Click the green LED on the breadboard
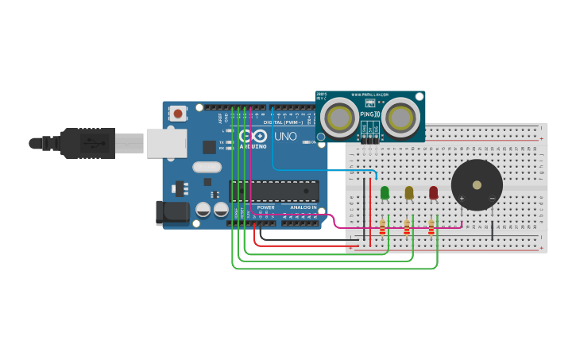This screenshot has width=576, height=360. pyautogui.click(x=385, y=192)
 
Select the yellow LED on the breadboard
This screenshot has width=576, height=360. pyautogui.click(x=409, y=192)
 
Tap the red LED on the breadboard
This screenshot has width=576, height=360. pyautogui.click(x=433, y=192)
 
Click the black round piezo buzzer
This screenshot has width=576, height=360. pyautogui.click(x=477, y=184)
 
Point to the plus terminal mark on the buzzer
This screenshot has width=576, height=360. pyautogui.click(x=462, y=198)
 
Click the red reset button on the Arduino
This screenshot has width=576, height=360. pyautogui.click(x=178, y=114)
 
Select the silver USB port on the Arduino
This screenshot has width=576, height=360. pyautogui.click(x=166, y=143)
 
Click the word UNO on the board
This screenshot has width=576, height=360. pyautogui.click(x=285, y=136)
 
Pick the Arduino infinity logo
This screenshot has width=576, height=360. pyautogui.click(x=253, y=136)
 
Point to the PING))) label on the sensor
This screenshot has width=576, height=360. pyautogui.click(x=370, y=114)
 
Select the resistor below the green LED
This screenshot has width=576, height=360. pyautogui.click(x=382, y=228)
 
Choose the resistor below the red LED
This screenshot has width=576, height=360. pyautogui.click(x=431, y=228)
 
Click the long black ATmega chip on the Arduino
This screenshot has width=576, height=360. pyautogui.click(x=274, y=191)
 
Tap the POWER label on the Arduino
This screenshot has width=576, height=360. pyautogui.click(x=265, y=207)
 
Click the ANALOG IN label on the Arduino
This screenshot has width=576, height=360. pyautogui.click(x=302, y=207)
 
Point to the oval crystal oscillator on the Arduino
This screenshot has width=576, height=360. pyautogui.click(x=207, y=167)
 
